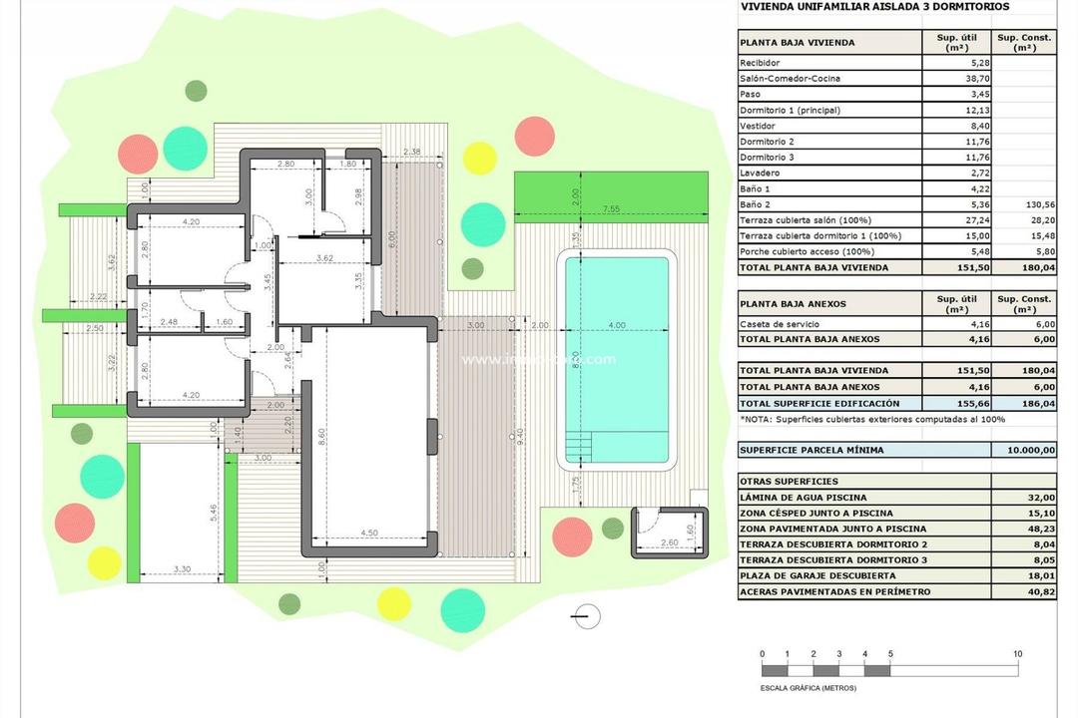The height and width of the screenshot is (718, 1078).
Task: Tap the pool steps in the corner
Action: click(577, 446)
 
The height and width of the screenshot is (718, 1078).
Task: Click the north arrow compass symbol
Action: click(588, 617)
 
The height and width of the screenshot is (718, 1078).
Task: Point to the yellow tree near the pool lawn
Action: click(480, 158)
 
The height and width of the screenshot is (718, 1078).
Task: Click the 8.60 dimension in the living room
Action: click(320, 436)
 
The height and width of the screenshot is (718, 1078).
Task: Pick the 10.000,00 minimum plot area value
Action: click(1025, 450)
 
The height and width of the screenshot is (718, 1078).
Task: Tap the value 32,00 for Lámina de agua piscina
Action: click(1042, 497)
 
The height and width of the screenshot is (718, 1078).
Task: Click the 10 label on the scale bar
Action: click(1017, 654)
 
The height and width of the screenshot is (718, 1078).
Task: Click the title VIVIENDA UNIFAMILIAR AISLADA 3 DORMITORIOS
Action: click(873, 7)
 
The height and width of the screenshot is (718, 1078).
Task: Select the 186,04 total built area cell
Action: click(1025, 403)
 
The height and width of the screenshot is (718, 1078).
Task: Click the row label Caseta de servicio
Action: click(775, 324)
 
